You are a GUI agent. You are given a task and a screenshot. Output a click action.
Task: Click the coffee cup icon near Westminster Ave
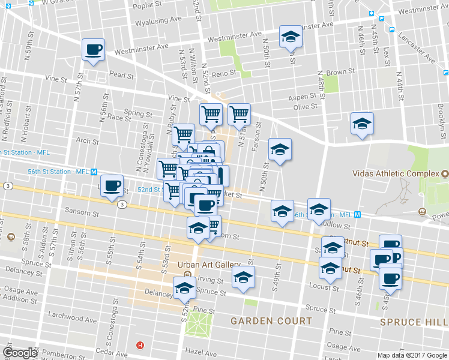point(94,50)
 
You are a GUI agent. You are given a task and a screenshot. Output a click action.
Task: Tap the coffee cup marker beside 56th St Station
point(111,185)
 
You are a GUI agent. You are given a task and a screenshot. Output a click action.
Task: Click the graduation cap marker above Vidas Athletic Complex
point(362,124)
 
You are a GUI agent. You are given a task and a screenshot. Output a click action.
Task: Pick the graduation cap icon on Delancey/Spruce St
point(184,289)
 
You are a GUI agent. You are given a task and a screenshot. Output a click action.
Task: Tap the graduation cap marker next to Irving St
point(243,278)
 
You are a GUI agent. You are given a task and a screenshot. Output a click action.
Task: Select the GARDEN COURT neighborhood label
point(272,321)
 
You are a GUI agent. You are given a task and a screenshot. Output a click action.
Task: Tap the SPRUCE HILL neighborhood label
point(414,322)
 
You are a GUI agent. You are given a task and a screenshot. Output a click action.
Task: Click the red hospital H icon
point(140,345)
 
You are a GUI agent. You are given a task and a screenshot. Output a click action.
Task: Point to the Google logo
point(20,352)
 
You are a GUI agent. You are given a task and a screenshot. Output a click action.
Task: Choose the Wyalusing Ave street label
point(158,19)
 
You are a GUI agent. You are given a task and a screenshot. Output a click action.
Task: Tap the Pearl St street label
point(121,75)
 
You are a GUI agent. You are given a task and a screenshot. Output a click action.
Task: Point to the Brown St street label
point(337,72)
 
